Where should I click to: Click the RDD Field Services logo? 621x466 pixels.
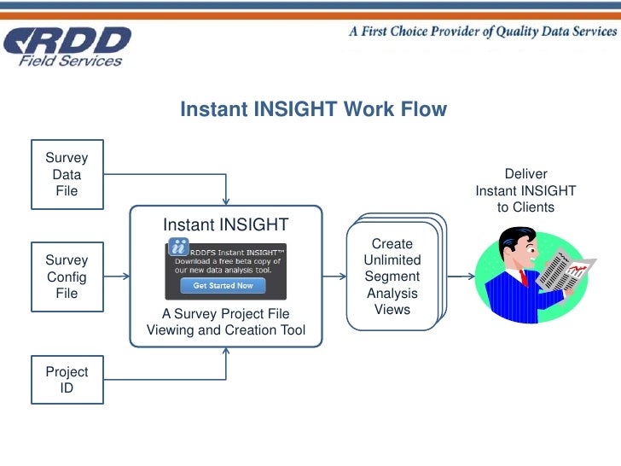pos(68,45)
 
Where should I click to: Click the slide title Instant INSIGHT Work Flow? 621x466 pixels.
pos(313,109)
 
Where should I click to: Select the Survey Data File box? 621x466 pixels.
pos(67,175)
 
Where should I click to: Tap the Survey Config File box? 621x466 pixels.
pos(67,277)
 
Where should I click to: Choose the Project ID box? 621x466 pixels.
pos(67,380)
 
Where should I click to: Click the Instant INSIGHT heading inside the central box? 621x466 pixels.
pos(225,224)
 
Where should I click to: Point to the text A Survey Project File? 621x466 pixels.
pos(225,313)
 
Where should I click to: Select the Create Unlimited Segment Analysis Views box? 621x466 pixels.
pos(392,277)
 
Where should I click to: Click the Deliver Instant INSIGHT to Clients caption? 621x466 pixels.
pos(525,190)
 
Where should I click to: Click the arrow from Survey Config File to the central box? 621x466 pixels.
pos(116,277)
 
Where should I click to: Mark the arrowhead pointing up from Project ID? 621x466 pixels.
pos(226,352)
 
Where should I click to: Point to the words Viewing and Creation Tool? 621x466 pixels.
pos(225,330)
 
